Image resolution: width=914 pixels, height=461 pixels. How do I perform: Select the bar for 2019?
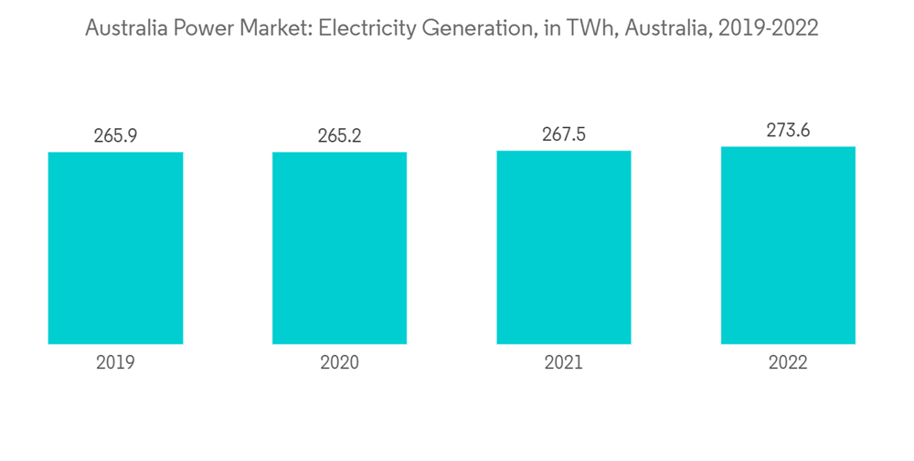[115, 248]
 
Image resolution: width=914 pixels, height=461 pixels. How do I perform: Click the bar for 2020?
[339, 248]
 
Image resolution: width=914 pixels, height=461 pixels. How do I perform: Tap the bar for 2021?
[564, 247]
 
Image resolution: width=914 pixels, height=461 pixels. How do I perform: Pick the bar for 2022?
[788, 245]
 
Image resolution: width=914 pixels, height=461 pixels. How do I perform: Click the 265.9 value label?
[115, 136]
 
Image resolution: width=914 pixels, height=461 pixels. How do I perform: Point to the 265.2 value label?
[339, 136]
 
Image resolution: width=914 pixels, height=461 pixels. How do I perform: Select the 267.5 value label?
[564, 134]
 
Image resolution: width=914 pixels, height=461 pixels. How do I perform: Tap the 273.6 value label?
[788, 130]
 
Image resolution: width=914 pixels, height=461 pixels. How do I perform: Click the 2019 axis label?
[115, 363]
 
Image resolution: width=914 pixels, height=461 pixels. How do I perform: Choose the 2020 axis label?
[339, 363]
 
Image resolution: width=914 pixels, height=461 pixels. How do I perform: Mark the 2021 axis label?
[564, 363]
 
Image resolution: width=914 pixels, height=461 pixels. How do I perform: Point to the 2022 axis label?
[788, 363]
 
